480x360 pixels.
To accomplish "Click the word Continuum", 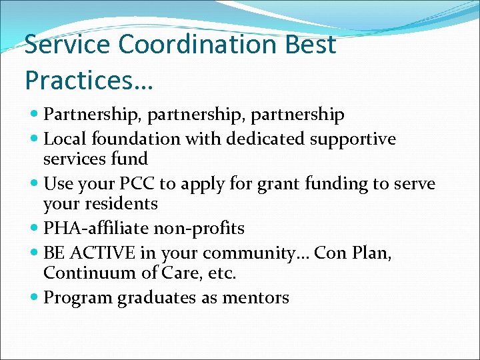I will [x=83, y=273].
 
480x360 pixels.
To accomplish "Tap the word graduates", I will [x=159, y=298].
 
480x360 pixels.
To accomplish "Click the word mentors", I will [x=257, y=298].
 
